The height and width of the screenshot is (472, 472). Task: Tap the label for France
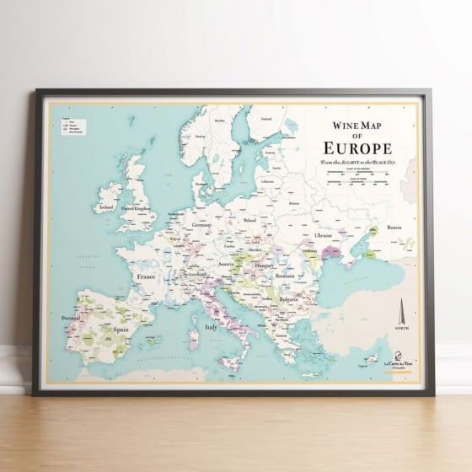pos(148,275)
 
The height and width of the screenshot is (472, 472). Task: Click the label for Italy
pos(212,327)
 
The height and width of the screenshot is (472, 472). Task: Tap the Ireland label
pos(106,206)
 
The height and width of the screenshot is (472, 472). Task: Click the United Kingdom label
pos(137,206)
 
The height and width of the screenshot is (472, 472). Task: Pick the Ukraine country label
pos(324,234)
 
